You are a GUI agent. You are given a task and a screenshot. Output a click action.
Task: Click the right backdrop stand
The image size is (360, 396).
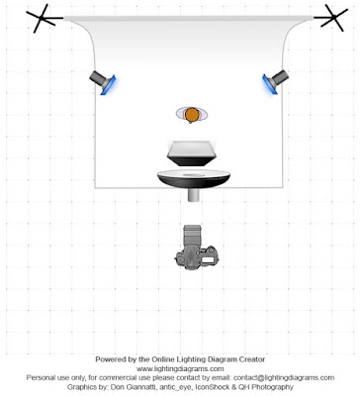coord(332,18)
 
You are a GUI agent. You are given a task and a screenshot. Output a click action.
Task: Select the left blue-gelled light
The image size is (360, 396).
coord(103,82)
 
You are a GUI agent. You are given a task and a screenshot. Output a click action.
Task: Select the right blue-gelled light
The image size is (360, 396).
coord(275,82)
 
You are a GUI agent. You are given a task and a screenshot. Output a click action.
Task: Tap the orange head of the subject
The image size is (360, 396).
coord(191,115)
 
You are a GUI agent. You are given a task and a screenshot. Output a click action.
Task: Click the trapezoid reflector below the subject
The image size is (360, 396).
coord(191,153)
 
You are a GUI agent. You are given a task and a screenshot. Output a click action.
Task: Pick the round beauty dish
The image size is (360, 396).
coord(194,179)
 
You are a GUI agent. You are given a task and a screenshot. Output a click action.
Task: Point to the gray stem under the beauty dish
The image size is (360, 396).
coord(194,195)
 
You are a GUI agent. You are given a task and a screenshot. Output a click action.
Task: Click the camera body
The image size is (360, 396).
coord(197,256)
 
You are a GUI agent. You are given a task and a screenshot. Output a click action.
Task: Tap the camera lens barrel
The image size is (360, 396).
coord(193,235)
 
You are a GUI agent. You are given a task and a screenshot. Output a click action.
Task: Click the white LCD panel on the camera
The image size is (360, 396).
coord(208,259)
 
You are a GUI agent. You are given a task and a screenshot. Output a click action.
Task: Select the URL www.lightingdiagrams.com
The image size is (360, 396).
coord(180,368)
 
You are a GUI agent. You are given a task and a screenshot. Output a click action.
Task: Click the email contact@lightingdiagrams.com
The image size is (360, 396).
coord(284,377)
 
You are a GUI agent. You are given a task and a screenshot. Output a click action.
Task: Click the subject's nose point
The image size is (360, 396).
coord(190,123)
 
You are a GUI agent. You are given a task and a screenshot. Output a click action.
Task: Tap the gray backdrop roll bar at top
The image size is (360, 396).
coord(189,19)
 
